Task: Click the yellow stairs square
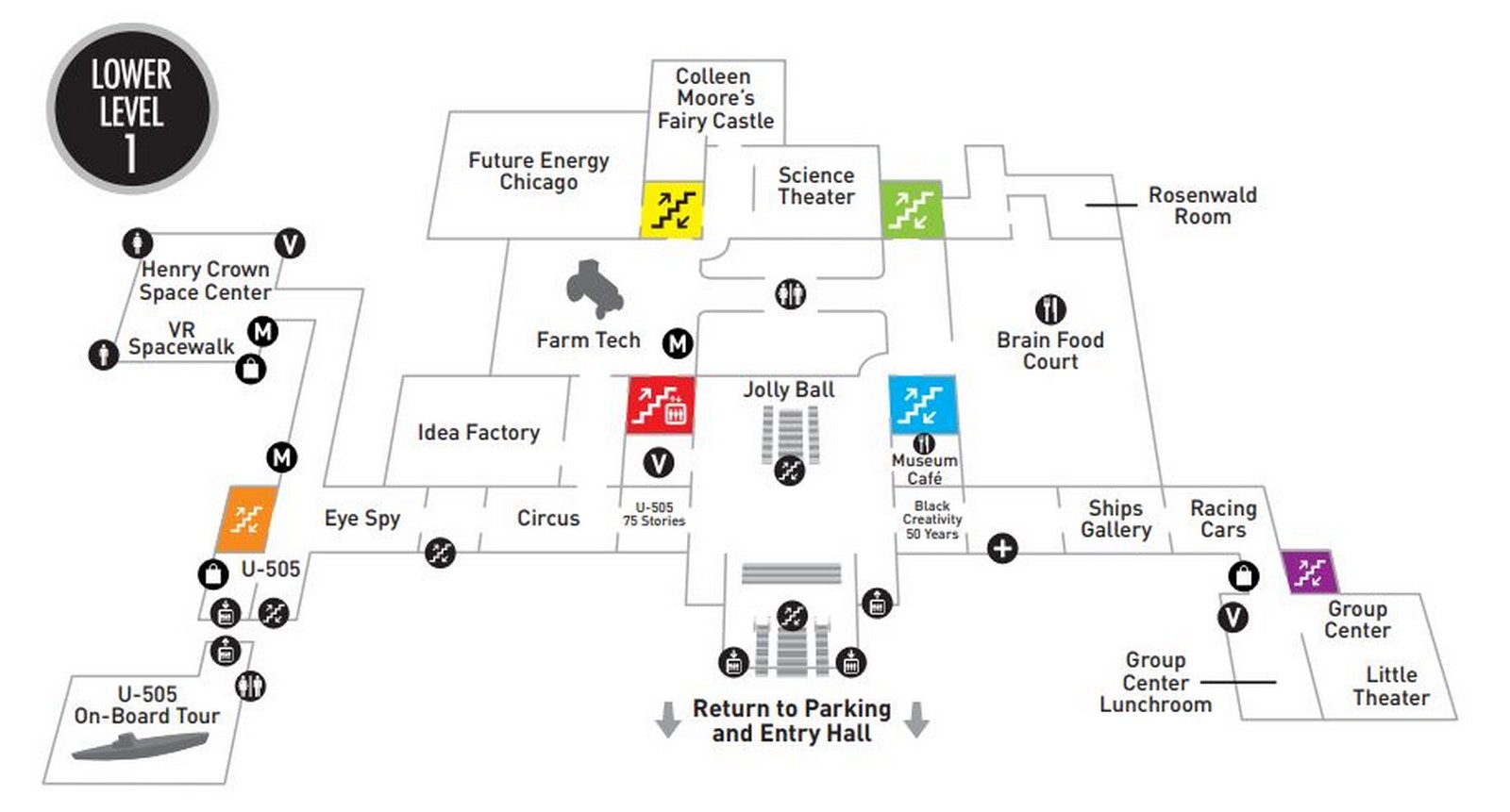pyautogui.click(x=672, y=209)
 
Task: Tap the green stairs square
pyautogui.click(x=912, y=209)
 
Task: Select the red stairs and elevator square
pyautogui.click(x=661, y=405)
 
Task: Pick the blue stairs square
pyautogui.click(x=922, y=405)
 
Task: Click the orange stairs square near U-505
pyautogui.click(x=246, y=519)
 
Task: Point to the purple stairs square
pyautogui.click(x=1310, y=572)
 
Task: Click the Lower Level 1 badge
pyautogui.click(x=132, y=109)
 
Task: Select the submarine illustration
pyautogui.click(x=141, y=746)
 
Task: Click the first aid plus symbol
pyautogui.click(x=1002, y=548)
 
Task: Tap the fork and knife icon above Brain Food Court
pyautogui.click(x=1050, y=309)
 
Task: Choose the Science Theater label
pyautogui.click(x=816, y=186)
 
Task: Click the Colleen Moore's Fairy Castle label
pyautogui.click(x=715, y=98)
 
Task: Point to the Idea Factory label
pyautogui.click(x=478, y=432)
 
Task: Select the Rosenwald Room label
pyautogui.click(x=1202, y=206)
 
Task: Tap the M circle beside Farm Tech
pyautogui.click(x=678, y=343)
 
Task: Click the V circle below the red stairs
pyautogui.click(x=659, y=463)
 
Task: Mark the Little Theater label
pyautogui.click(x=1391, y=686)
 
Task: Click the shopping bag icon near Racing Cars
pyautogui.click(x=1244, y=576)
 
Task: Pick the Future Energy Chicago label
pyautogui.click(x=539, y=171)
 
